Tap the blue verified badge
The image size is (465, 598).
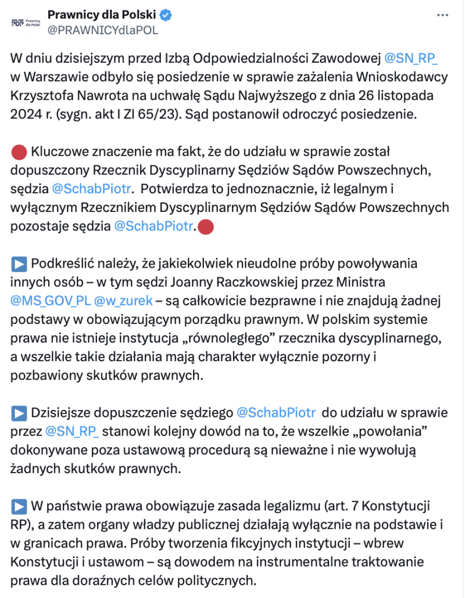pos(166,15)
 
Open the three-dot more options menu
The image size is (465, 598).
pos(443,15)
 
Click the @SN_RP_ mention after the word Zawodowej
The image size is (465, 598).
pos(411,58)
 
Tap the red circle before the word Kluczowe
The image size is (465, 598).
pos(19,152)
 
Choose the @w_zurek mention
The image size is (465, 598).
pos(123,302)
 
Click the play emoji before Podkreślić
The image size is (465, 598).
pos(19,264)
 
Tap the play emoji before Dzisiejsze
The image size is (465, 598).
pos(19,413)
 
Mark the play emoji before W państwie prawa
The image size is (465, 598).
pos(19,506)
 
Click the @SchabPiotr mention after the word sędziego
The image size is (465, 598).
pos(276,413)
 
